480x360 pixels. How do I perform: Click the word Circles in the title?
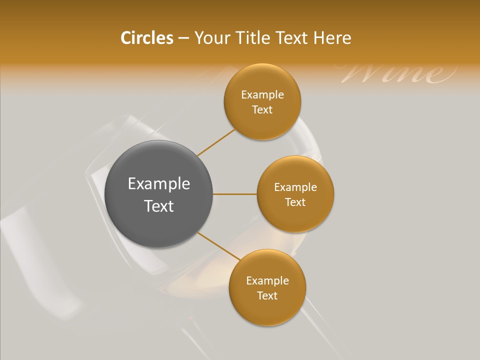(x=147, y=38)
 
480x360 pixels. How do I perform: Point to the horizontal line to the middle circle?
(x=235, y=194)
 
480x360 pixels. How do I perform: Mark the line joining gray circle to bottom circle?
(x=217, y=246)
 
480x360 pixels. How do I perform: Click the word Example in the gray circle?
(x=159, y=184)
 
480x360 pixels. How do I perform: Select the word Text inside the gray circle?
(x=159, y=206)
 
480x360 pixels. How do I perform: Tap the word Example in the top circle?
(x=262, y=95)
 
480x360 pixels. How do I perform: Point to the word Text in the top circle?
(x=262, y=110)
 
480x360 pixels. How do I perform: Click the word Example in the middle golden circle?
(x=295, y=187)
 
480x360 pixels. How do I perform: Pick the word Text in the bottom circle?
(x=267, y=296)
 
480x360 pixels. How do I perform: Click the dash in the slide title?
(x=183, y=38)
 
